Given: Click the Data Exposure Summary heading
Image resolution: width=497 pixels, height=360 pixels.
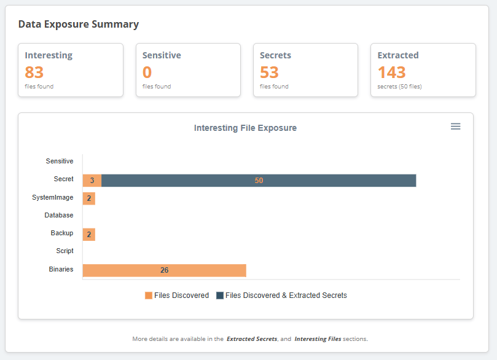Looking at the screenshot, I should [79, 25].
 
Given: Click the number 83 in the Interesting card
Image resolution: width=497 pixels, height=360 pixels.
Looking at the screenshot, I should [34, 72].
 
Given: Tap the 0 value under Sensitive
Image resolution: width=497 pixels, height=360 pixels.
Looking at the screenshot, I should [147, 72].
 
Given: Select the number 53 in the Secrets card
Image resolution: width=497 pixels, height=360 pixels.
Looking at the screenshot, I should [269, 72].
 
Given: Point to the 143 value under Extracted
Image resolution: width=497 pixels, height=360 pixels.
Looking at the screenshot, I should [392, 72].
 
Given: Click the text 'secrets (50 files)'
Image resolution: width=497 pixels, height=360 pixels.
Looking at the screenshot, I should [399, 87].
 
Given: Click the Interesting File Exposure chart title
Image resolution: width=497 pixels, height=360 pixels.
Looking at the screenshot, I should [245, 128].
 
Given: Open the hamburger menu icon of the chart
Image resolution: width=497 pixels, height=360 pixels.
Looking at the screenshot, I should [455, 127].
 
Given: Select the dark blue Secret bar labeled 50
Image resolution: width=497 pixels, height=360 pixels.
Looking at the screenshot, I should [259, 181].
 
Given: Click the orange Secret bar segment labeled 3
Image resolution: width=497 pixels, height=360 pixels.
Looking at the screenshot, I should [92, 181].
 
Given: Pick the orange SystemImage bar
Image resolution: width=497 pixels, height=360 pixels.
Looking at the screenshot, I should [89, 198].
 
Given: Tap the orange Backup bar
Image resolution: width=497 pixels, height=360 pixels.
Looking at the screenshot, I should [89, 234].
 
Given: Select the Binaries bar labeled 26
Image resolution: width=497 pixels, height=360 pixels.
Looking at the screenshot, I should [164, 270].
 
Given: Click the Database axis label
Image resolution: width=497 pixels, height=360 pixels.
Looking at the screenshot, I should [59, 216].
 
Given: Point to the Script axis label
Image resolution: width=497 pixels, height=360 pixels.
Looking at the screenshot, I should [65, 251].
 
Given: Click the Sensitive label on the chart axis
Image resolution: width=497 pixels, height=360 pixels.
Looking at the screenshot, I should [60, 162].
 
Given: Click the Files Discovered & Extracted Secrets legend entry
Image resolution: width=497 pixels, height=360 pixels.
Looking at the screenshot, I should [282, 295].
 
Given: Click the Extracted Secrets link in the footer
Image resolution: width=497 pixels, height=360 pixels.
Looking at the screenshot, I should [252, 338].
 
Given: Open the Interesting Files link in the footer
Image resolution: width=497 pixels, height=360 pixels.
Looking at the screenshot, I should [318, 338].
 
